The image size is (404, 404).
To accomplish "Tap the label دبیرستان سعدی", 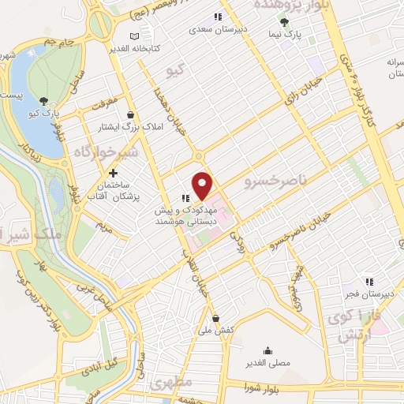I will click(218, 29).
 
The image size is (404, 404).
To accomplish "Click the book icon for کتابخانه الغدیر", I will click(133, 36).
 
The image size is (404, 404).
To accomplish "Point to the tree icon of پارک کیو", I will click(43, 100).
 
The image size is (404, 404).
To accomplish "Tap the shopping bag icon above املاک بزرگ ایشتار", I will click(129, 114).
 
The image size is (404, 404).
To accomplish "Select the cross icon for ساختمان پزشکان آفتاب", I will click(114, 173).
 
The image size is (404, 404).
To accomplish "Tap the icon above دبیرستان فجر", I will click(368, 282).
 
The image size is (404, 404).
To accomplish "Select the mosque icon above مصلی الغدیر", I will click(268, 350).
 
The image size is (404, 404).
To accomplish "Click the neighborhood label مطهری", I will click(166, 387).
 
